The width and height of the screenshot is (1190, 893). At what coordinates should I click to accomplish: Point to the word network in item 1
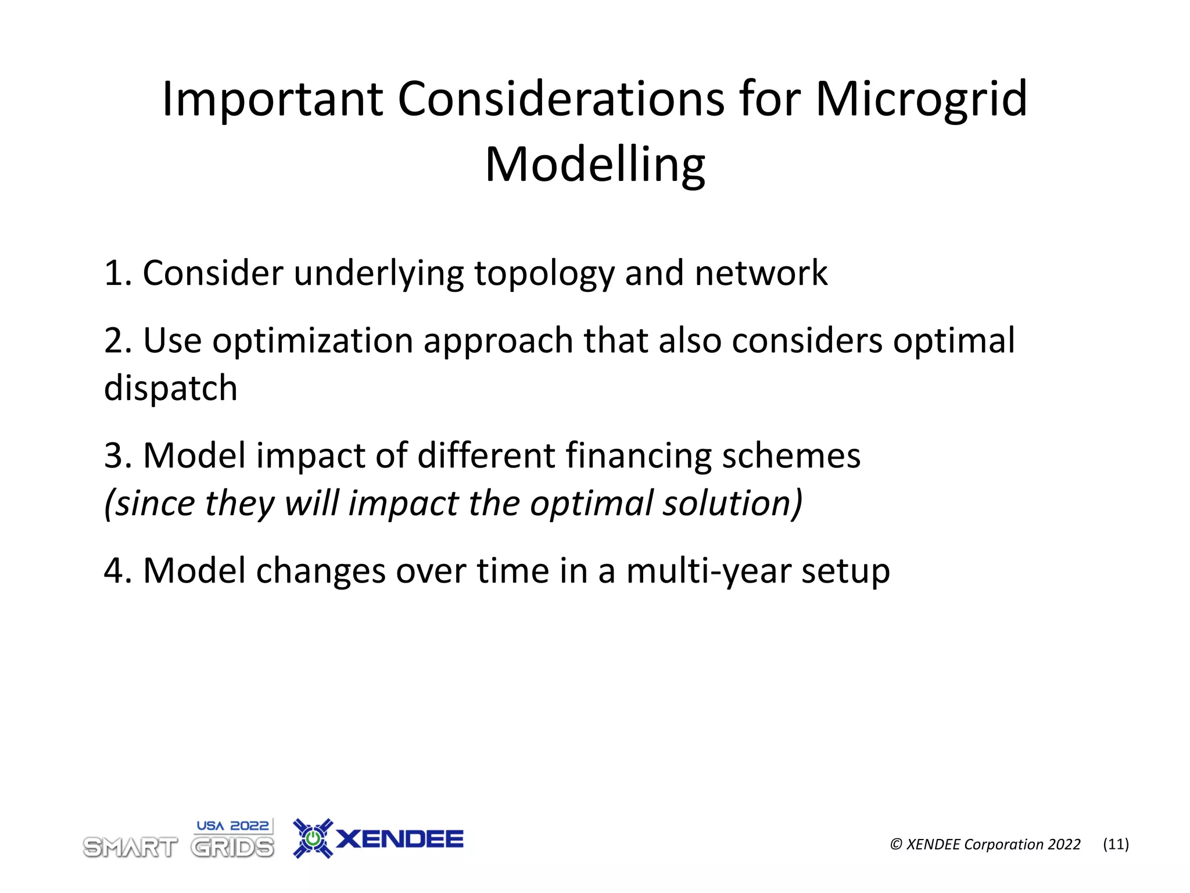point(761,273)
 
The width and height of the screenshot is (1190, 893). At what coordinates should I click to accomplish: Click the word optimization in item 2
point(313,341)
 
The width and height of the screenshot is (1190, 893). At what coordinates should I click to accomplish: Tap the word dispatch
point(170,388)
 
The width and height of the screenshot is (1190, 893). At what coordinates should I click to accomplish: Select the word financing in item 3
point(638,455)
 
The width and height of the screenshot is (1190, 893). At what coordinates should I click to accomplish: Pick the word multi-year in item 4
point(708,571)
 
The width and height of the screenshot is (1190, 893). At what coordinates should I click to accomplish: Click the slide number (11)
point(1116,844)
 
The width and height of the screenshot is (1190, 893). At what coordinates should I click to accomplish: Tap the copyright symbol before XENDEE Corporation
point(896,845)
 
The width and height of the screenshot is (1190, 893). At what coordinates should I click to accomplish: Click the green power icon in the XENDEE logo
point(313,838)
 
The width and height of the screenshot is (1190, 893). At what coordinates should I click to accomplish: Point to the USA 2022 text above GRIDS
point(232,826)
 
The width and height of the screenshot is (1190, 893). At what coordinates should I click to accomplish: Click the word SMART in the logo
point(130,848)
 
